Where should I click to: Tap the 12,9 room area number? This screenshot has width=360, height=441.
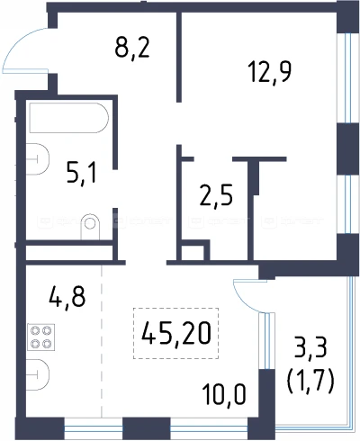click(x=270, y=72)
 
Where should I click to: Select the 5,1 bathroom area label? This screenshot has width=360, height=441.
click(x=82, y=173)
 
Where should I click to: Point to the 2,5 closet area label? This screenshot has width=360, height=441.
click(x=216, y=194)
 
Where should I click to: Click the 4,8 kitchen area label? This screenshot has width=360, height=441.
click(x=67, y=296)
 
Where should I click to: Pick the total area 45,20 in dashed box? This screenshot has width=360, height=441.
click(x=176, y=333)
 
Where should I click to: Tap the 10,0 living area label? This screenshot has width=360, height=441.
click(x=224, y=394)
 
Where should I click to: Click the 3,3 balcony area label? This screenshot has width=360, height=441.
click(x=310, y=347)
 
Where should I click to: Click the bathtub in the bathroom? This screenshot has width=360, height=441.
click(x=68, y=118)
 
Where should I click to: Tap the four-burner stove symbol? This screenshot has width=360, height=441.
click(x=41, y=337)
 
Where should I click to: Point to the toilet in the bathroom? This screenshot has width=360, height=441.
click(x=90, y=227)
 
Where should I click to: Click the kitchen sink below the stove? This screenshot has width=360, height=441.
click(x=37, y=374)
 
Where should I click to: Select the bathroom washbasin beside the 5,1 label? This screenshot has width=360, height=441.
click(x=37, y=159)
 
